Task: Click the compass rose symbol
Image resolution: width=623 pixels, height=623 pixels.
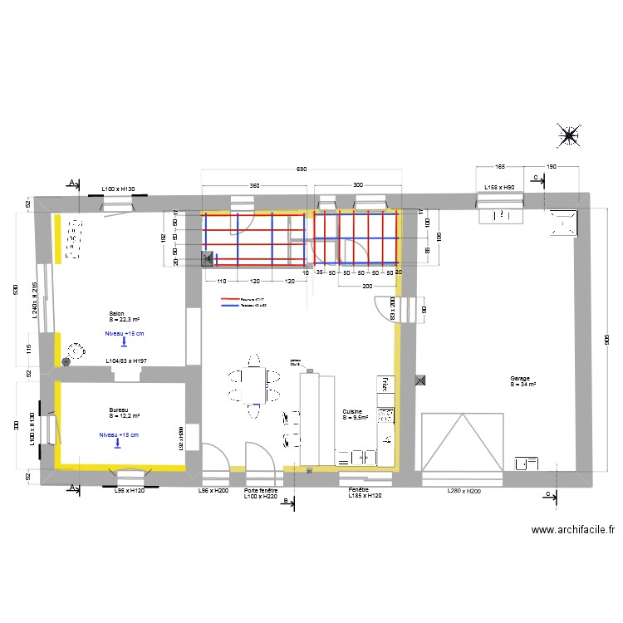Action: pos(569,136)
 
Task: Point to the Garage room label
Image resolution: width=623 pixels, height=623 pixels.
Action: pos(522,381)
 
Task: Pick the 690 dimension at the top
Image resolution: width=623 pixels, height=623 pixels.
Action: pos(302,169)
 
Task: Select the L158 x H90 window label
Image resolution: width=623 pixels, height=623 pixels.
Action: pos(499,188)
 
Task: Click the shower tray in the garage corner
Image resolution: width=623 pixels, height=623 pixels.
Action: pos(562,221)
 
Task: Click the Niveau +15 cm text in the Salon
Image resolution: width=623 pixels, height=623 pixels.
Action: pos(124,333)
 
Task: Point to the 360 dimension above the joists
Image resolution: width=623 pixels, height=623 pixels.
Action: pos(254,185)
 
